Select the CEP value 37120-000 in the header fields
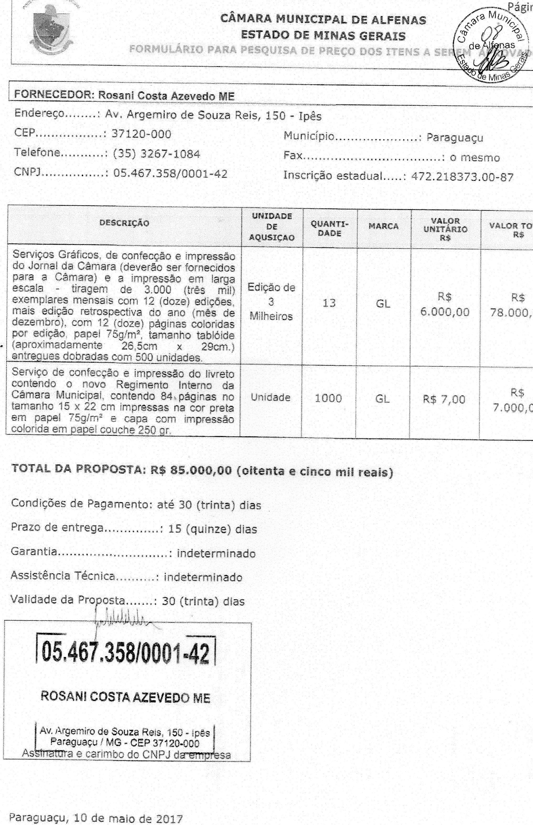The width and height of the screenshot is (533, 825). tap(141, 134)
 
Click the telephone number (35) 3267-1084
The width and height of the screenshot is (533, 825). tap(157, 154)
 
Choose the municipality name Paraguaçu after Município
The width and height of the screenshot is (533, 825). tap(454, 138)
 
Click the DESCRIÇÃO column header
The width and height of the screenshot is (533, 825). tap(124, 223)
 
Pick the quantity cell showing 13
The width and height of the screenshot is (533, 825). tap(329, 303)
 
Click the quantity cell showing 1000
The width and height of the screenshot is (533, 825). tap(328, 398)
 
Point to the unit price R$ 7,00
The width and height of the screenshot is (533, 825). tap(444, 400)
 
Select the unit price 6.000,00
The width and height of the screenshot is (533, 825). tap(445, 312)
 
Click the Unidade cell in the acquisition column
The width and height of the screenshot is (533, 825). tap(271, 397)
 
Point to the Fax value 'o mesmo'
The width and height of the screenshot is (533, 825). tap(475, 158)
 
